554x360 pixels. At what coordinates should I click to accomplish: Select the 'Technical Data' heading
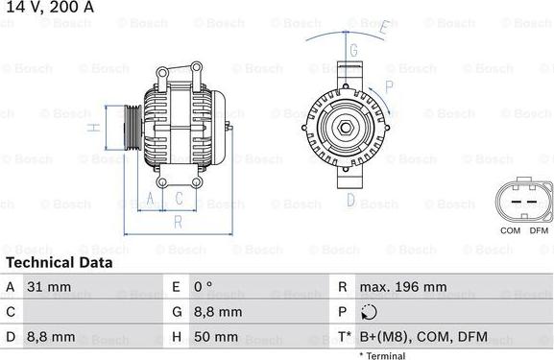(x=60, y=262)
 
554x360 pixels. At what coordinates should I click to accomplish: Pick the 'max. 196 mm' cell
(x=403, y=286)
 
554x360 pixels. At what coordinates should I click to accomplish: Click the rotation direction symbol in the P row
(x=371, y=312)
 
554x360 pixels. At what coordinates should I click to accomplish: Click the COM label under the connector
(x=510, y=230)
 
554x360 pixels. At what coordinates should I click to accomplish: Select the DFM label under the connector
(x=538, y=230)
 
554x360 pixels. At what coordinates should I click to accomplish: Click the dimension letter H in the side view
(x=93, y=127)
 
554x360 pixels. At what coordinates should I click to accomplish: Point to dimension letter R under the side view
(x=177, y=221)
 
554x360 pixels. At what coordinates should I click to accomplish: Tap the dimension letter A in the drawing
(x=149, y=199)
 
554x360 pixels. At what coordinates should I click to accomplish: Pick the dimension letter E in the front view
(x=382, y=28)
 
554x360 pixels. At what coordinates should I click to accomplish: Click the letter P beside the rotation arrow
(x=389, y=86)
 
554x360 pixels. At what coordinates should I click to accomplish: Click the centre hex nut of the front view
(x=345, y=126)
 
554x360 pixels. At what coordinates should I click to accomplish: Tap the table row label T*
(x=344, y=337)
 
